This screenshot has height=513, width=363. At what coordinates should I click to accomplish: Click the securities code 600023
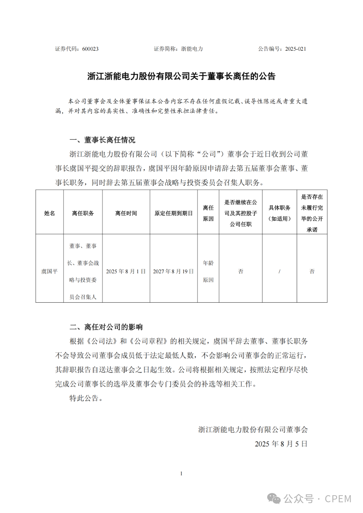90,49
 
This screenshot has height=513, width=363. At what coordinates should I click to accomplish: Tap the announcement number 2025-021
295,49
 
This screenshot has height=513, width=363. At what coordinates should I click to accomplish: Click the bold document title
181,76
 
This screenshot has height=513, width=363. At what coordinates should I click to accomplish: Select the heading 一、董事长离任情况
102,140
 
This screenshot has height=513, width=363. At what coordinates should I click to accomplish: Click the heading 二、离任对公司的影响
106,327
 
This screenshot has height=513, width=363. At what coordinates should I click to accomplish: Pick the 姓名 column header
49,213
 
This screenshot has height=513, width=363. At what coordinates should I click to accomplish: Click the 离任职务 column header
83,213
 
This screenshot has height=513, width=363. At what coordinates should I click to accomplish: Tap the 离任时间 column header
126,213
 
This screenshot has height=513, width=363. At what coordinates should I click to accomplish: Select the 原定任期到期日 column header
173,213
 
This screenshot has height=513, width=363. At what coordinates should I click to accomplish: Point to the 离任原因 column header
208,213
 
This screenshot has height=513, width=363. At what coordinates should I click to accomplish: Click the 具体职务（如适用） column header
279,213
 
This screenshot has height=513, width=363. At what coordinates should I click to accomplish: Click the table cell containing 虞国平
49,271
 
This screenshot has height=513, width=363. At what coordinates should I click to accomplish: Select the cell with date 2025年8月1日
126,271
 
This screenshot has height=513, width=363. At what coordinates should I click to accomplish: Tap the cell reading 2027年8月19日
173,271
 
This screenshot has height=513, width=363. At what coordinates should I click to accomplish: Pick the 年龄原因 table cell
208,271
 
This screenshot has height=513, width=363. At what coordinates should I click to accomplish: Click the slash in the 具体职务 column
279,271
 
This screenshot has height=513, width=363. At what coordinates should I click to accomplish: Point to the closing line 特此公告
86,398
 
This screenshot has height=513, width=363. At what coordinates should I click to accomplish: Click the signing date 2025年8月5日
281,444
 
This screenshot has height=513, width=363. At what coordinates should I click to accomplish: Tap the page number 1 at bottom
181,474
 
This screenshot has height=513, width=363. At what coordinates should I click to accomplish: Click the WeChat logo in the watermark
274,499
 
